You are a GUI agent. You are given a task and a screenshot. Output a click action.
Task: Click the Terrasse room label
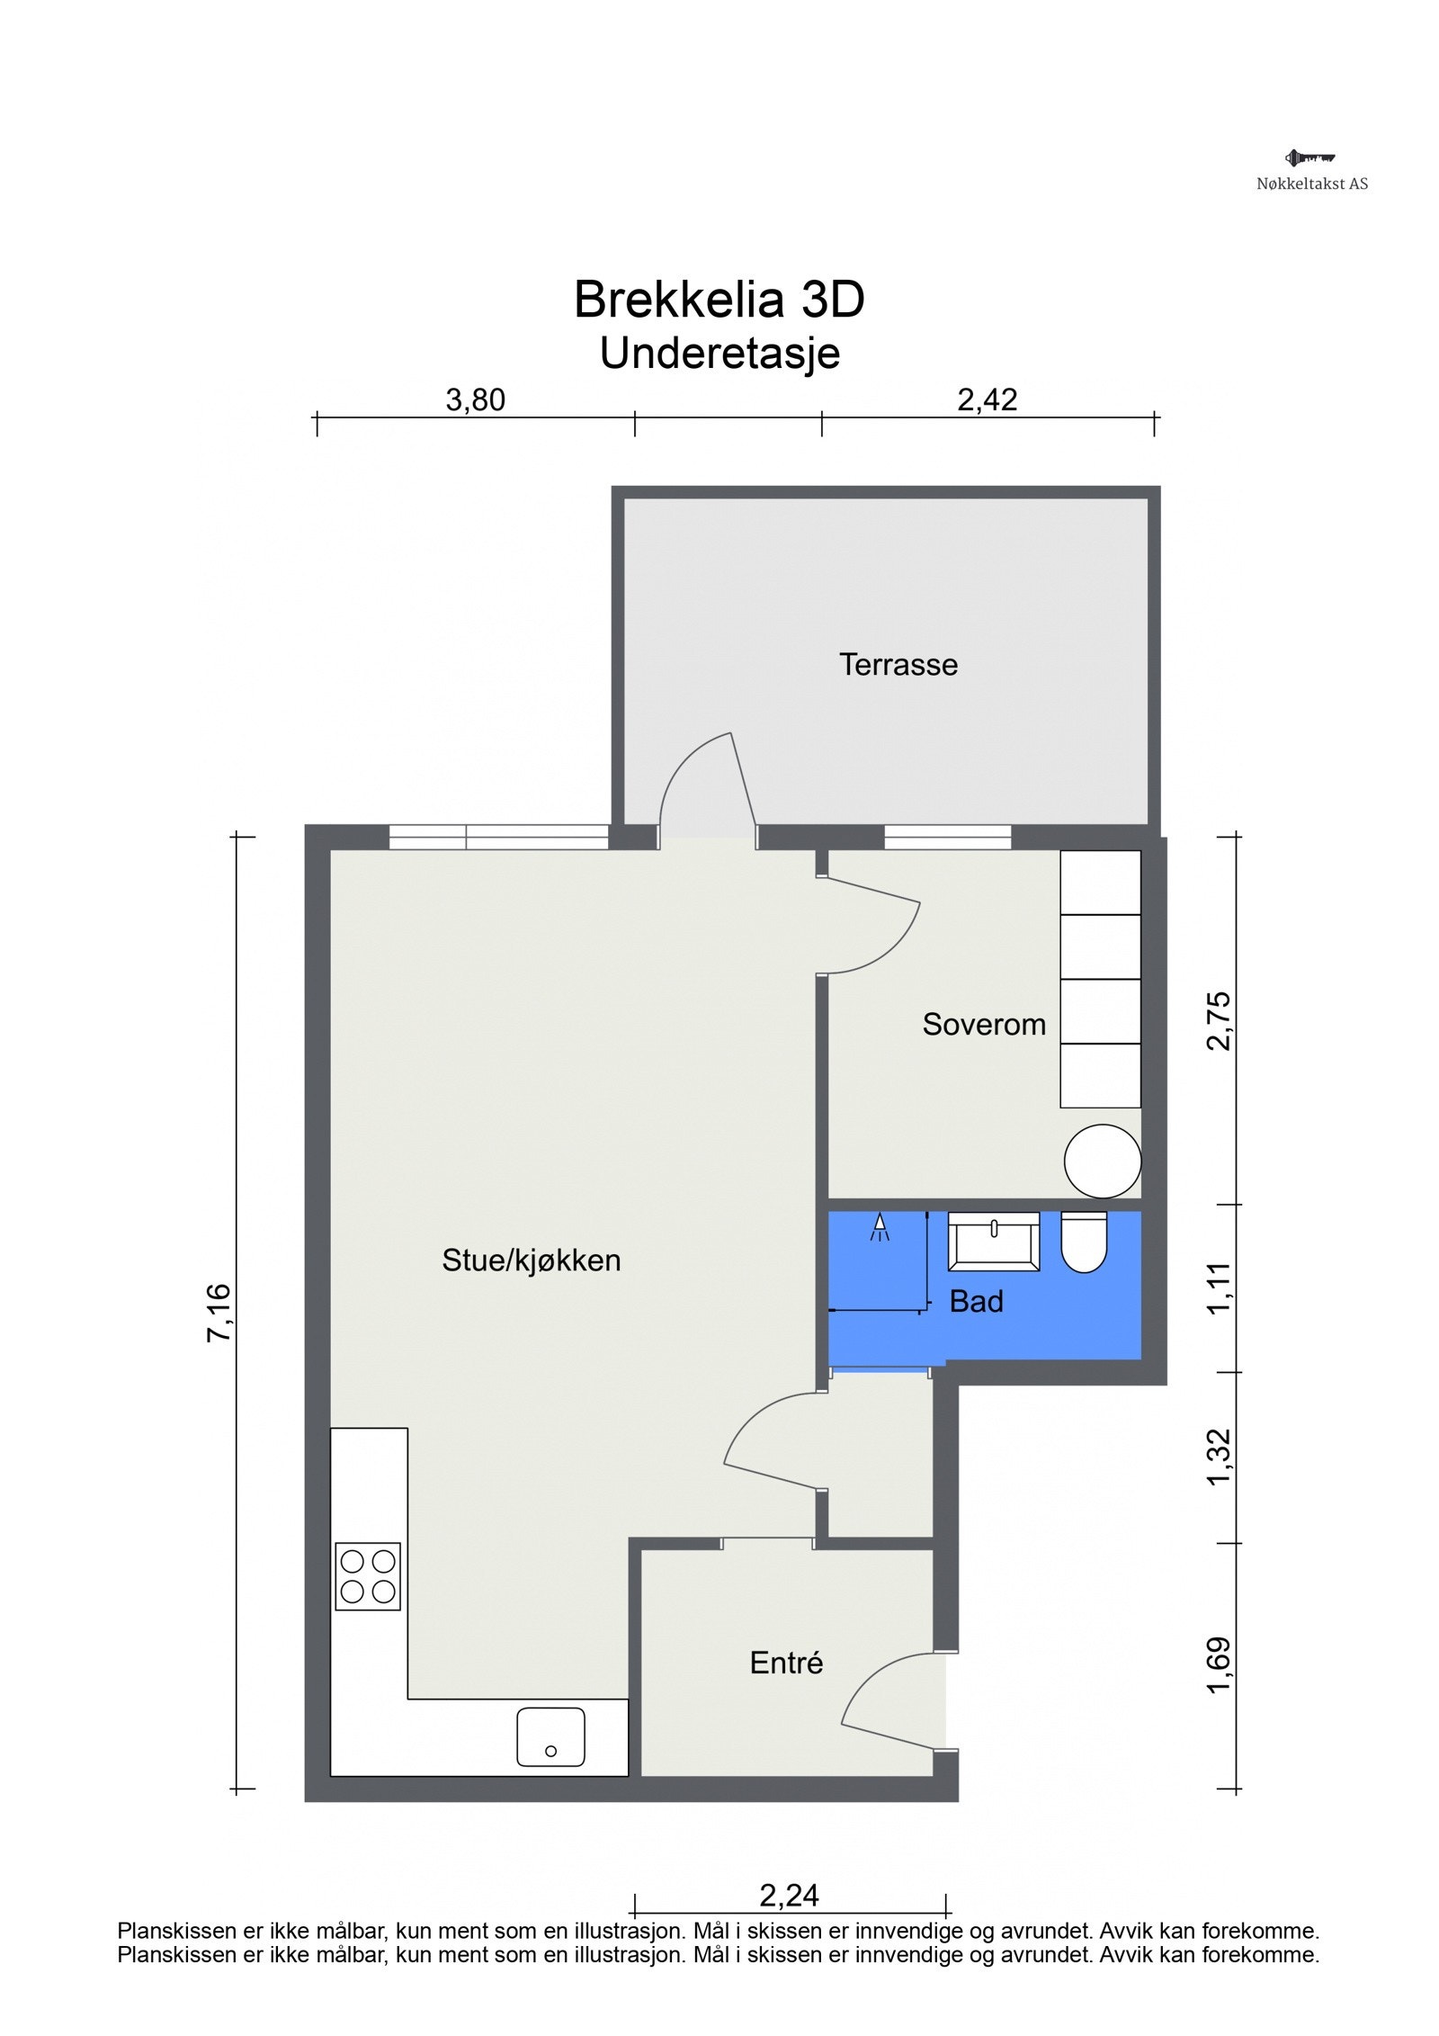pos(898,664)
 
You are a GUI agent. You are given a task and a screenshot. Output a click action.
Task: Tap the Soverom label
pos(983,1024)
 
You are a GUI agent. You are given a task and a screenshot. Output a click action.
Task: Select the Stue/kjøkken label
pos(531,1260)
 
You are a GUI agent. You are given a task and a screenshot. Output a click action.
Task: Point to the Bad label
pos(976,1301)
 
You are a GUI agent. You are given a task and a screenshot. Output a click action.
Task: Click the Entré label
pos(786,1662)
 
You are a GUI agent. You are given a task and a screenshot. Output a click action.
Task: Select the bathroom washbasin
pos(993,1241)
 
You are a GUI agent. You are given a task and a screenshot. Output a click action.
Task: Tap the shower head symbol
pos(879,1227)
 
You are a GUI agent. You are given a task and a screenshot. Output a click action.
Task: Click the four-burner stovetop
pos(367,1576)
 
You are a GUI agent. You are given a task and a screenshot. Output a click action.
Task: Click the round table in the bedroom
pos(1102,1161)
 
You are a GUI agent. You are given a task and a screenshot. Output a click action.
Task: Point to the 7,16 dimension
pos(219,1313)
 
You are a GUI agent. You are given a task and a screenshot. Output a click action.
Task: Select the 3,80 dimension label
pos(475,399)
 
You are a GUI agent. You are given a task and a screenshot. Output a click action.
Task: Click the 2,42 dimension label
pos(987,399)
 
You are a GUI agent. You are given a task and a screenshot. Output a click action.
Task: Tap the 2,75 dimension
pos(1219,1020)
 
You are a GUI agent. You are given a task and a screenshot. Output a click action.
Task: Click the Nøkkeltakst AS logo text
pos(1311,184)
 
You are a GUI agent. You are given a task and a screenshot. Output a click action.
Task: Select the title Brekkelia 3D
pos(719,299)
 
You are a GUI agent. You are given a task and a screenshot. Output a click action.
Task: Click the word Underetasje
pos(719,354)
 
